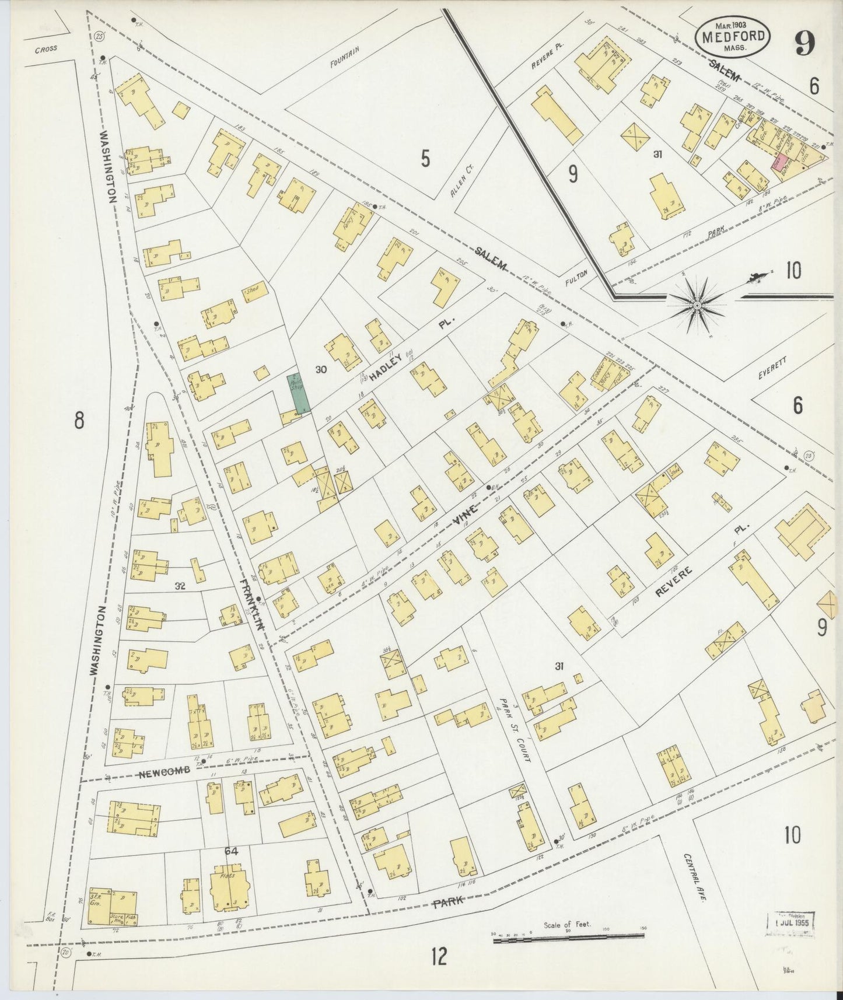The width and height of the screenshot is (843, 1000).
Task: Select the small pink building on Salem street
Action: (776, 163)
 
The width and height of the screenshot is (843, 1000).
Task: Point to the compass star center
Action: (697, 305)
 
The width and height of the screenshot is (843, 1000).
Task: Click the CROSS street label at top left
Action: (46, 49)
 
